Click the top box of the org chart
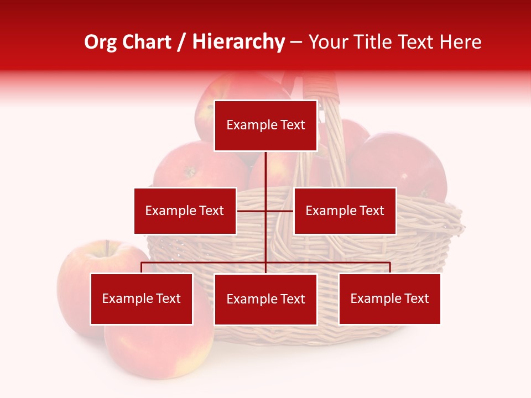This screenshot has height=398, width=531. (265, 125)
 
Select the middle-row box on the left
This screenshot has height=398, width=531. (185, 211)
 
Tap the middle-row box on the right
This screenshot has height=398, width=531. (345, 211)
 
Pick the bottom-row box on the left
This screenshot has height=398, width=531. (142, 298)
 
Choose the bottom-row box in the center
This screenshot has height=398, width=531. (265, 299)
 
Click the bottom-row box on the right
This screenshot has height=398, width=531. (389, 298)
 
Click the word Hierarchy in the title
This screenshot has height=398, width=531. (238, 42)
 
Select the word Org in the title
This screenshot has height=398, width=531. (100, 42)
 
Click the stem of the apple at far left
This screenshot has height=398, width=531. (107, 248)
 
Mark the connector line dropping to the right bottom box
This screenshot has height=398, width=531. (390, 268)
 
